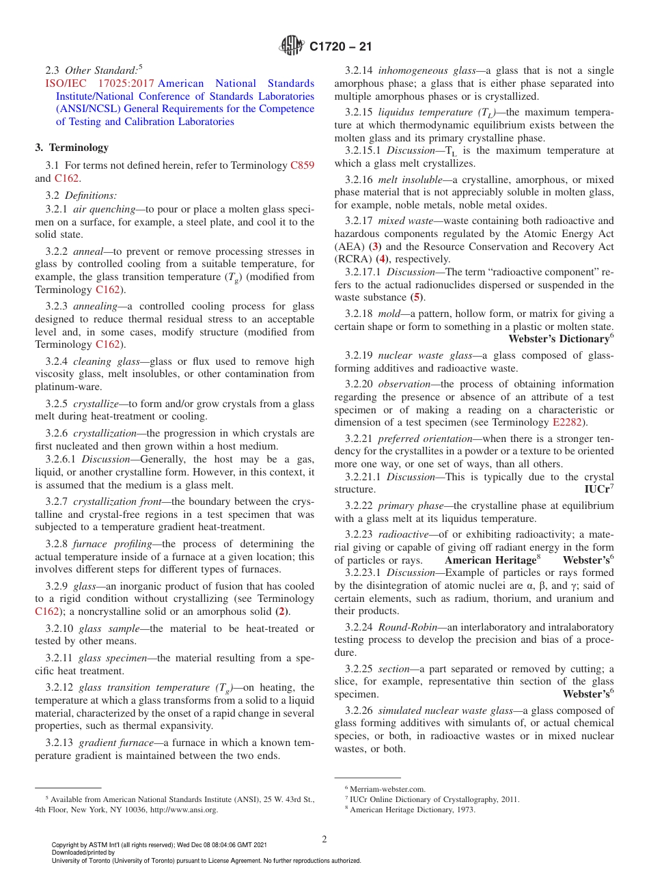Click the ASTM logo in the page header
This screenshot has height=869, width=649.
pos(292,46)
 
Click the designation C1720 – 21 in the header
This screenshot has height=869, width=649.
pos(341,47)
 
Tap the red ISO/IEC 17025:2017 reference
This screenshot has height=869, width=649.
pos(94,83)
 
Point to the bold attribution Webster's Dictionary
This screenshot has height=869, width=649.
pos(557,339)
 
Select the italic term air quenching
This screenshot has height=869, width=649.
pos(100,209)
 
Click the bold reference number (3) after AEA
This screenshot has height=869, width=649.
pos(374,246)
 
